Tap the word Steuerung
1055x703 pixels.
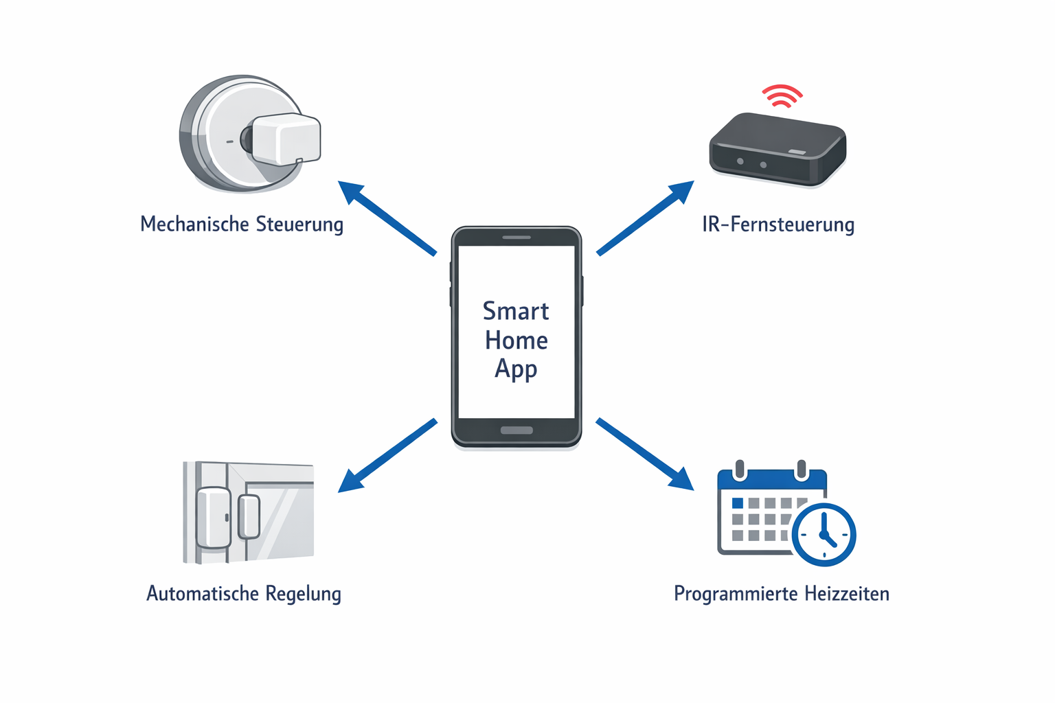299,224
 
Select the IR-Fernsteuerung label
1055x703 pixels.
778,224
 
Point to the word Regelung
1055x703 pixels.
303,594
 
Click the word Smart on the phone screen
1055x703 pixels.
516,311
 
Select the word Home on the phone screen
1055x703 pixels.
517,341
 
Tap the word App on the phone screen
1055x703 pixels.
516,369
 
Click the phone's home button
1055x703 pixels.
517,430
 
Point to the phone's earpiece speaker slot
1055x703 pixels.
517,238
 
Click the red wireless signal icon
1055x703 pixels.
782,96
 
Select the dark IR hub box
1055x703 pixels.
777,149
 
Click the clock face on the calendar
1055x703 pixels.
824,535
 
